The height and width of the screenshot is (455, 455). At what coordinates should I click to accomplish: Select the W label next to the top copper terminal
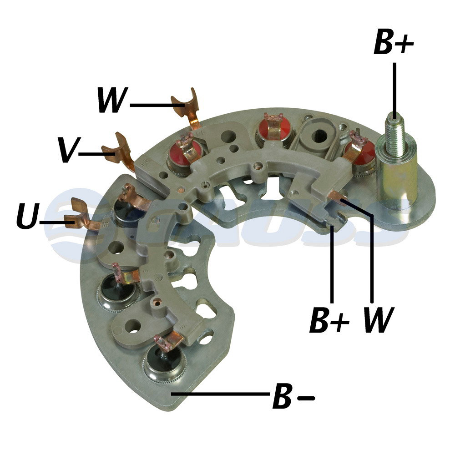point(112,100)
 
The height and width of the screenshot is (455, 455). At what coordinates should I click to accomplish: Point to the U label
point(28,215)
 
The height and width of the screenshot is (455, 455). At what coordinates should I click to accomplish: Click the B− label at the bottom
point(293,396)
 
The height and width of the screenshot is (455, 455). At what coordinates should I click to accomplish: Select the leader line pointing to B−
point(221,394)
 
